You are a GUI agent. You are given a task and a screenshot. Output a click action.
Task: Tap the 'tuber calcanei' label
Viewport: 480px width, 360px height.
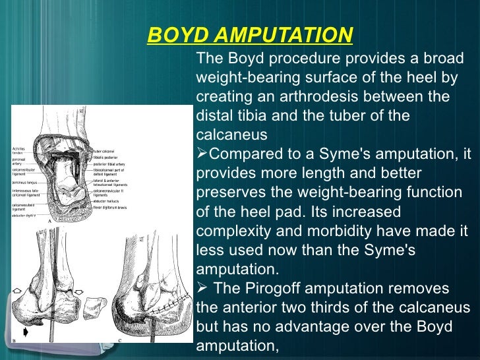pos(104,151)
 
